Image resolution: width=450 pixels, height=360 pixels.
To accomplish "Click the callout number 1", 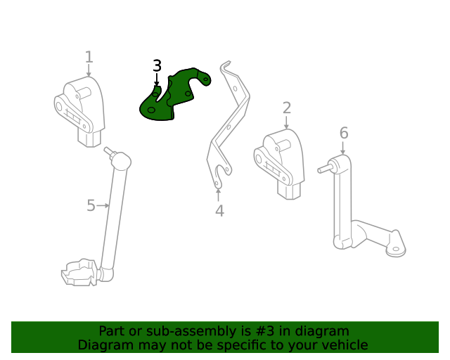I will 89,56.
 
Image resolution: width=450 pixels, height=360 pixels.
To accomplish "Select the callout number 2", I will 287,108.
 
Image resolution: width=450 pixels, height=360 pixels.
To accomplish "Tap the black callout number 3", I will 157,66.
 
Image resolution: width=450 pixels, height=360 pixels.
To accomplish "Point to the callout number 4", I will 219,211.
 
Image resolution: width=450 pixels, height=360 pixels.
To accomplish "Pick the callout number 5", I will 91,205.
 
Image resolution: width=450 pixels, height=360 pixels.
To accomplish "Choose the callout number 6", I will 343,133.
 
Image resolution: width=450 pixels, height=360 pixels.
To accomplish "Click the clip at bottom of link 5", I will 79,272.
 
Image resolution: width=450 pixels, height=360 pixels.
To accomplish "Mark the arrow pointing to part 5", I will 104,205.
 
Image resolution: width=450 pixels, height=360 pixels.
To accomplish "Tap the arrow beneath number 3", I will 157,81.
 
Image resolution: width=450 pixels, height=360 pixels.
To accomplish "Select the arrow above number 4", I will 219,193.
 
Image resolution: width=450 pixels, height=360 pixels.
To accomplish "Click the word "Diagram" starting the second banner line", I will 105,345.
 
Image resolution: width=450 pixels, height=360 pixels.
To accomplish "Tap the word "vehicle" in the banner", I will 344,345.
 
